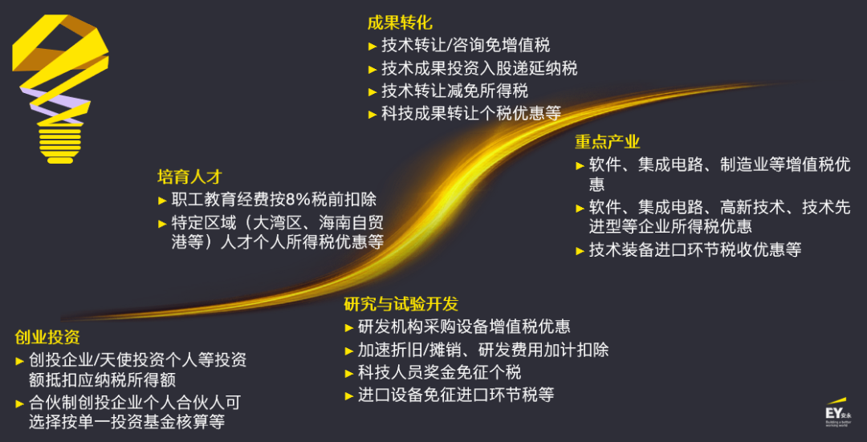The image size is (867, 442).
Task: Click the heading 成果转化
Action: pyautogui.click(x=399, y=22)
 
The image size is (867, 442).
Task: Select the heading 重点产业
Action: pyautogui.click(x=607, y=142)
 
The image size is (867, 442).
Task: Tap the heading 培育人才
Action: pyautogui.click(x=189, y=176)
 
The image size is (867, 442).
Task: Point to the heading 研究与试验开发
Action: pyautogui.click(x=401, y=304)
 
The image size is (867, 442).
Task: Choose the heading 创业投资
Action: pyautogui.click(x=47, y=337)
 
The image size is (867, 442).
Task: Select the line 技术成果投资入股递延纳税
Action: pyautogui.click(x=478, y=68)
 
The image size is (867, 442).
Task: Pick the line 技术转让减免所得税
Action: pyautogui.click(x=454, y=91)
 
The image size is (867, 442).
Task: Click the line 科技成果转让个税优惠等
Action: pyautogui.click(x=470, y=113)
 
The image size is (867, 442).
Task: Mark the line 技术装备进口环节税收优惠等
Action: pyautogui.click(x=695, y=249)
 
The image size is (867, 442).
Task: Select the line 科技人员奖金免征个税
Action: pyautogui.click(x=439, y=372)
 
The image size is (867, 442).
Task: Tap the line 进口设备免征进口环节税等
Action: pyautogui.click(x=455, y=395)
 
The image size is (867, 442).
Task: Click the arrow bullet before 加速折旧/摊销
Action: pyautogui.click(x=349, y=351)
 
